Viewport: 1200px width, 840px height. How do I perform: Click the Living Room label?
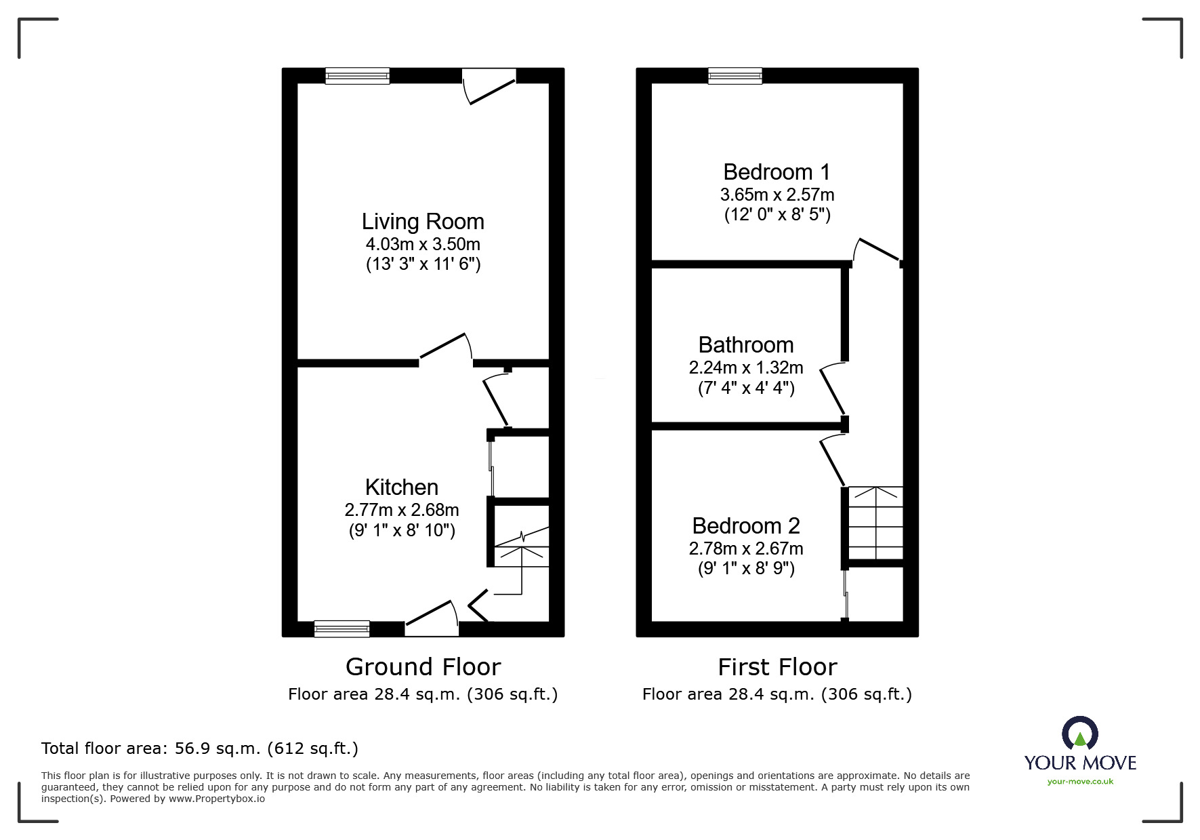point(423,222)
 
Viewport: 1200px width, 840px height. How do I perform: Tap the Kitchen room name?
point(402,487)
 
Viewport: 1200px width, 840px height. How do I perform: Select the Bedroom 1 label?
point(777,172)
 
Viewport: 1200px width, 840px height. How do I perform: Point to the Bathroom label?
point(746,345)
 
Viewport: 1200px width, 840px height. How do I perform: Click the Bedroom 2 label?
point(746,526)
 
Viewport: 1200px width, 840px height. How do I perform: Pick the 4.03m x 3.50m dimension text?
point(423,243)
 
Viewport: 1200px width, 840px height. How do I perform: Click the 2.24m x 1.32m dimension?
point(746,367)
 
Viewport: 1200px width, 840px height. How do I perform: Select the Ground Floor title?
point(423,667)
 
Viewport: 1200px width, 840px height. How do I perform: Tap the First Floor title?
point(777,667)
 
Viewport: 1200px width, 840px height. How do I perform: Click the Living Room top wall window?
point(357,75)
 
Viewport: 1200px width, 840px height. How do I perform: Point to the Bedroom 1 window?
point(735,75)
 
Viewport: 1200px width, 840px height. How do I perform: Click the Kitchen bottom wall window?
point(342,629)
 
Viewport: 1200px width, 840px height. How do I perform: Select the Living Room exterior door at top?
point(489,86)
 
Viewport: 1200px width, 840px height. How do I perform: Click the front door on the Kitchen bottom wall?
point(432,618)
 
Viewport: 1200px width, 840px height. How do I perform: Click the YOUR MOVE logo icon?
point(1079,734)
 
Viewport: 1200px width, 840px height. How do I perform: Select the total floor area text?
point(200,748)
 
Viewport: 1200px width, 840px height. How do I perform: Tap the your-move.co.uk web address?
point(1080,782)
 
